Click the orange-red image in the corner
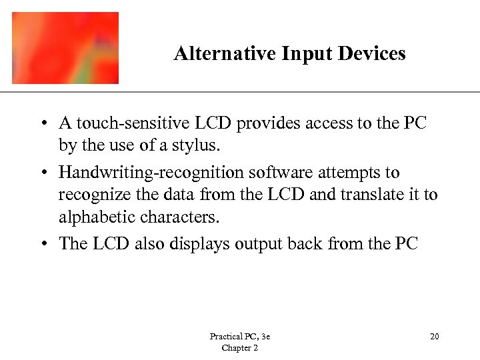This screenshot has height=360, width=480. click(x=65, y=48)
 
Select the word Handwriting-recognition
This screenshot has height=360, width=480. click(x=151, y=173)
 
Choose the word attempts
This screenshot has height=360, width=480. click(x=341, y=173)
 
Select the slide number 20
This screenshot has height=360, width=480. click(x=435, y=337)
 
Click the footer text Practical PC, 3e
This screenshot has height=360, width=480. click(x=239, y=337)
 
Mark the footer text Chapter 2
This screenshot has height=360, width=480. click(x=239, y=348)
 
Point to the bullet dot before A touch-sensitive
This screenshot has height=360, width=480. click(x=43, y=124)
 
